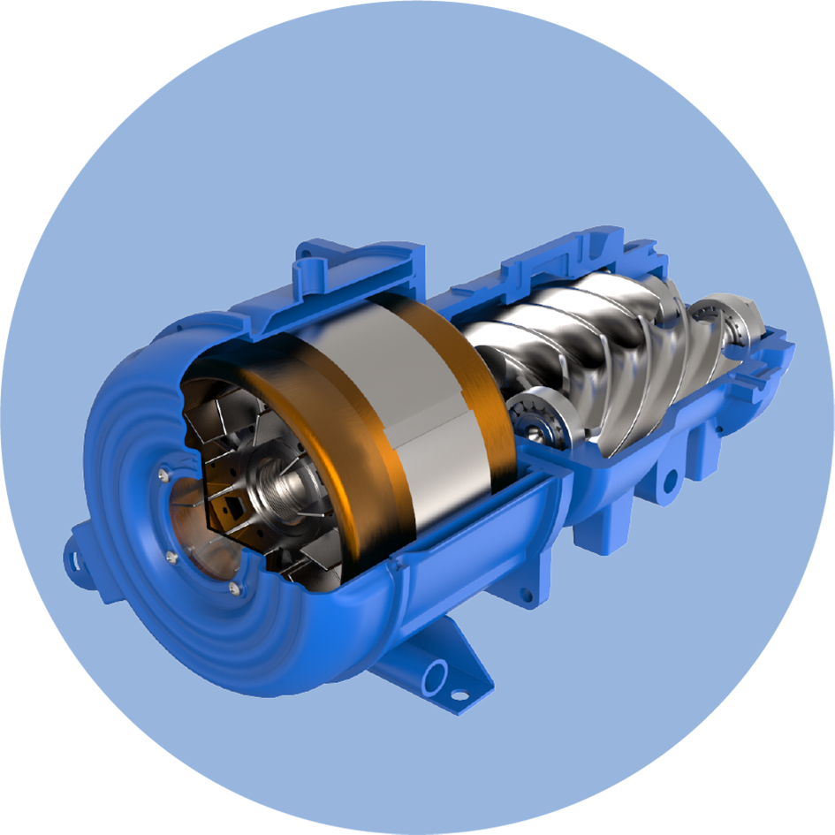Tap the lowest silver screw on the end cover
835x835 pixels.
tap(233, 588)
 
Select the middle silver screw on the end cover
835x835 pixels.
tap(171, 557)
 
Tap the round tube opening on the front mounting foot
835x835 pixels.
tap(435, 679)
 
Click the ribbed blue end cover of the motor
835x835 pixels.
tap(133, 566)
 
